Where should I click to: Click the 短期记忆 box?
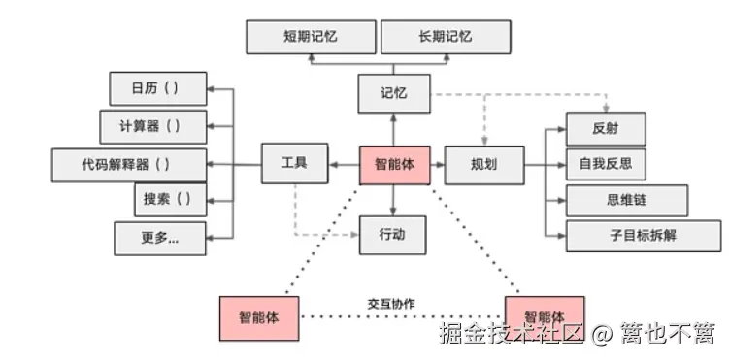tap(310, 36)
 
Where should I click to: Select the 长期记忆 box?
tap(445, 36)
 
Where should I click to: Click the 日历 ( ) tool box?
tap(156, 88)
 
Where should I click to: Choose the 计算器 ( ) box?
tap(154, 126)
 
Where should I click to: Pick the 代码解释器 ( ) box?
tap(129, 163)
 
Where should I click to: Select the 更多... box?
tap(159, 238)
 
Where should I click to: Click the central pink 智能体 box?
tap(393, 164)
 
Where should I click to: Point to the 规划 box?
tap(483, 164)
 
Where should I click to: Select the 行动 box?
tap(393, 234)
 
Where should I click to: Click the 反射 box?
tap(605, 128)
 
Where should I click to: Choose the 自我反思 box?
tap(605, 163)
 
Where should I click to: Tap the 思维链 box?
tap(626, 200)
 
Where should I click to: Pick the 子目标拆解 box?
tap(643, 235)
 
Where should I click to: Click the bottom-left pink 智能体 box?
tap(258, 317)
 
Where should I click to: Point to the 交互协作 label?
tap(391, 303)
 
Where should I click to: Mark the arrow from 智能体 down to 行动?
tap(393, 199)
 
